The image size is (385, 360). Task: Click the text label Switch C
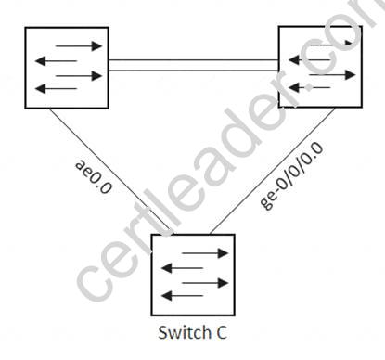[x=192, y=333]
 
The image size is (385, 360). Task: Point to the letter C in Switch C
[x=221, y=333]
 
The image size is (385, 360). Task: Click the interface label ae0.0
[x=93, y=177]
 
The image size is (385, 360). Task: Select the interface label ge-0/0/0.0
[x=291, y=175]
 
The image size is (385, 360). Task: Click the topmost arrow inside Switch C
[x=205, y=253]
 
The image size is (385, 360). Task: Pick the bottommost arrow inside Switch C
[x=183, y=296]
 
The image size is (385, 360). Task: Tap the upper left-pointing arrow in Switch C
[x=183, y=268]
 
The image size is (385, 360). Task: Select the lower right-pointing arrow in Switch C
[x=205, y=283]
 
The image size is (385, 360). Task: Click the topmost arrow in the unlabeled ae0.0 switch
[x=79, y=46]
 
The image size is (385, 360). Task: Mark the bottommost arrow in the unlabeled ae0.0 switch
[x=57, y=89]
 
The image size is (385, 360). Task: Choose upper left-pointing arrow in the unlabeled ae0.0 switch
[x=57, y=61]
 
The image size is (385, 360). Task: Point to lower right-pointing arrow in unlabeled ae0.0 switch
[x=79, y=76]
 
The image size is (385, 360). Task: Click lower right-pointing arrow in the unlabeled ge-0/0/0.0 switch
[x=332, y=75]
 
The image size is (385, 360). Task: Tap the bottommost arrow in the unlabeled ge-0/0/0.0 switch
[x=310, y=88]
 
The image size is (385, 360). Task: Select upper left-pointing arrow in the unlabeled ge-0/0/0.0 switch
[x=310, y=59]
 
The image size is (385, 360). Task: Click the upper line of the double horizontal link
[x=194, y=60]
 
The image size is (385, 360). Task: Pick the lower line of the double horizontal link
[x=194, y=71]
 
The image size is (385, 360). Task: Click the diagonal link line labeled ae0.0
[x=111, y=171]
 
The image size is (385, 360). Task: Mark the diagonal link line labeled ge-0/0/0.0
[x=272, y=171]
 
